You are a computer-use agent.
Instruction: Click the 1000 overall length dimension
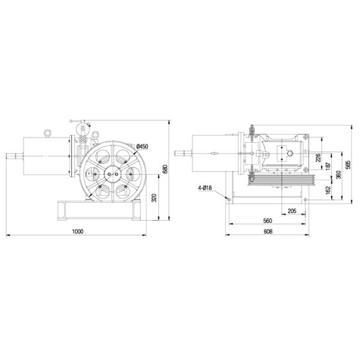pos(77,231)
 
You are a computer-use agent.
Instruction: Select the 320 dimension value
pos(154,198)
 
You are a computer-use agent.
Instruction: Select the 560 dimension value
pos(268,221)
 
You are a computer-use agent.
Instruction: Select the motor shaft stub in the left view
pos(13,158)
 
